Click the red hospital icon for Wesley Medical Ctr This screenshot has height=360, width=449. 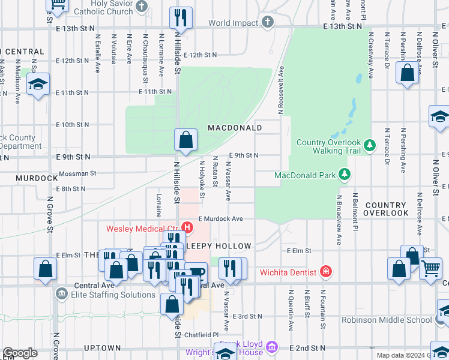187,227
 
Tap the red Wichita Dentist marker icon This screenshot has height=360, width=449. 326,272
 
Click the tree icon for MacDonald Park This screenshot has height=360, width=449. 344,175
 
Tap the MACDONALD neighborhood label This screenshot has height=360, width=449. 235,128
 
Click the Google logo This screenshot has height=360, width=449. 20,353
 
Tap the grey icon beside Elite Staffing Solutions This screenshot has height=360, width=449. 62,294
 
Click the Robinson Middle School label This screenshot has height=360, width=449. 387,320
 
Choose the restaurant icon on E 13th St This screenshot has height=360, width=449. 181,19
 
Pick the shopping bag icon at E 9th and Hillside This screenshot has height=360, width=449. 186,140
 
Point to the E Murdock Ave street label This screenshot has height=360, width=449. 220,219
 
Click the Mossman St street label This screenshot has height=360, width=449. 77,173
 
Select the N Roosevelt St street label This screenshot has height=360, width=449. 280,90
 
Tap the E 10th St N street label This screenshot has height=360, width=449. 72,125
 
